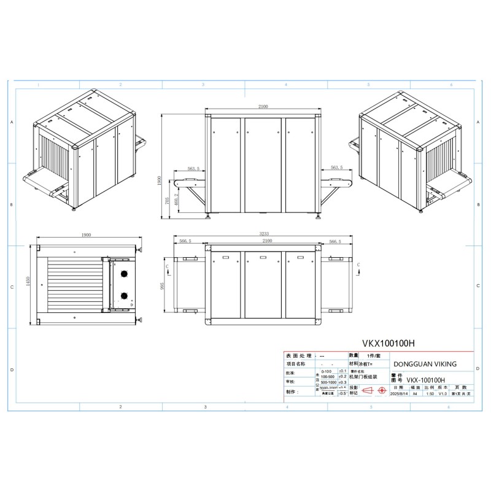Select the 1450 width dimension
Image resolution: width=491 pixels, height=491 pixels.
(x=28, y=280)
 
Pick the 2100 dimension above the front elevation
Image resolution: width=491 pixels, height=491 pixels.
(x=263, y=107)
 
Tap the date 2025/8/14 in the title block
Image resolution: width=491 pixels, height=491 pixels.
(x=401, y=393)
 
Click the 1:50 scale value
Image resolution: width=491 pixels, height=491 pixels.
(x=430, y=393)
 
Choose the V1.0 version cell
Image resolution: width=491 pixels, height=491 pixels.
(x=443, y=393)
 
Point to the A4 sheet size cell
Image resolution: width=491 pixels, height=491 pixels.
(x=416, y=393)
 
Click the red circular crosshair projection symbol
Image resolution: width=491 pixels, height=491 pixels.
(x=382, y=390)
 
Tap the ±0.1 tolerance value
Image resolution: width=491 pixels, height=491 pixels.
(x=342, y=371)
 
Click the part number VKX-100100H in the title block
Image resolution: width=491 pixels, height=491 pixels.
(x=426, y=380)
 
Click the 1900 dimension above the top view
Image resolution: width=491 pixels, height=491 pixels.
(x=86, y=234)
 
